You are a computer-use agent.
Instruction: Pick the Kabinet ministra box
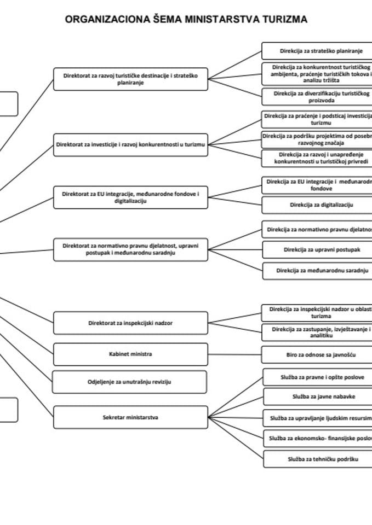pos(130,354)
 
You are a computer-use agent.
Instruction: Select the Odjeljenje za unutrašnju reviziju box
pos(130,382)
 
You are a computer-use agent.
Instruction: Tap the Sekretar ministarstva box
pos(130,417)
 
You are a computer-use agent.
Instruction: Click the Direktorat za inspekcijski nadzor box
pos(130,323)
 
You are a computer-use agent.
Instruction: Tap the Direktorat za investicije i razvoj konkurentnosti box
pos(130,145)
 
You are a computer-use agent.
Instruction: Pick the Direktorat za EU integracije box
pos(130,197)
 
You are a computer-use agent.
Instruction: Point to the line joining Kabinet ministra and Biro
pos(234,354)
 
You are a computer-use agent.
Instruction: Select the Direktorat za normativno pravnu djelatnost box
pos(130,249)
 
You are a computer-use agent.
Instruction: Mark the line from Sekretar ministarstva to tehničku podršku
pos(236,437)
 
